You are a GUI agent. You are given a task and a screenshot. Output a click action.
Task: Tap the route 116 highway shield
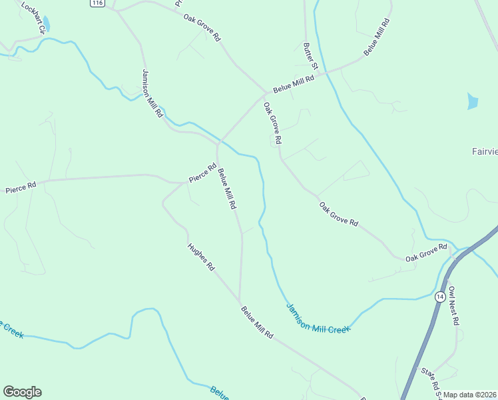point(98,3)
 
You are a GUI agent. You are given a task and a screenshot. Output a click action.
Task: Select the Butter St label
point(311,57)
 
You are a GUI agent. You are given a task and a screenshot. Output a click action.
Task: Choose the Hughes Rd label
point(201,257)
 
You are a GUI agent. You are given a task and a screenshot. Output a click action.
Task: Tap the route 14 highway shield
point(440,297)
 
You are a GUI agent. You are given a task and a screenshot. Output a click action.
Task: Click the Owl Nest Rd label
point(454,306)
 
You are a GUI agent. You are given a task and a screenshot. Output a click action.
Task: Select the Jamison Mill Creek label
point(318,317)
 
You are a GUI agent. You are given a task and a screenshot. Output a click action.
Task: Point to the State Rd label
point(430,380)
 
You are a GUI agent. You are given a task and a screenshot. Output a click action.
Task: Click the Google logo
point(22,392)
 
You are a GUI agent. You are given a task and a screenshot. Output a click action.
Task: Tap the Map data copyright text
point(470,395)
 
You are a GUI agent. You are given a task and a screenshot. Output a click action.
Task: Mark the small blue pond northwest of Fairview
point(473,101)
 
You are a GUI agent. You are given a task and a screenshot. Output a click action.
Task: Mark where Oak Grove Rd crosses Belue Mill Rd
point(265,93)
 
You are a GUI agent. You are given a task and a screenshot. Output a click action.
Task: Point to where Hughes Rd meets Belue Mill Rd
point(239,300)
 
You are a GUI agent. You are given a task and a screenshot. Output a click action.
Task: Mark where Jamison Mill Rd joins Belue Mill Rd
point(218,142)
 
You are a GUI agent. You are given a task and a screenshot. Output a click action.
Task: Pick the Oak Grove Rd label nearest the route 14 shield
point(426,253)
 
